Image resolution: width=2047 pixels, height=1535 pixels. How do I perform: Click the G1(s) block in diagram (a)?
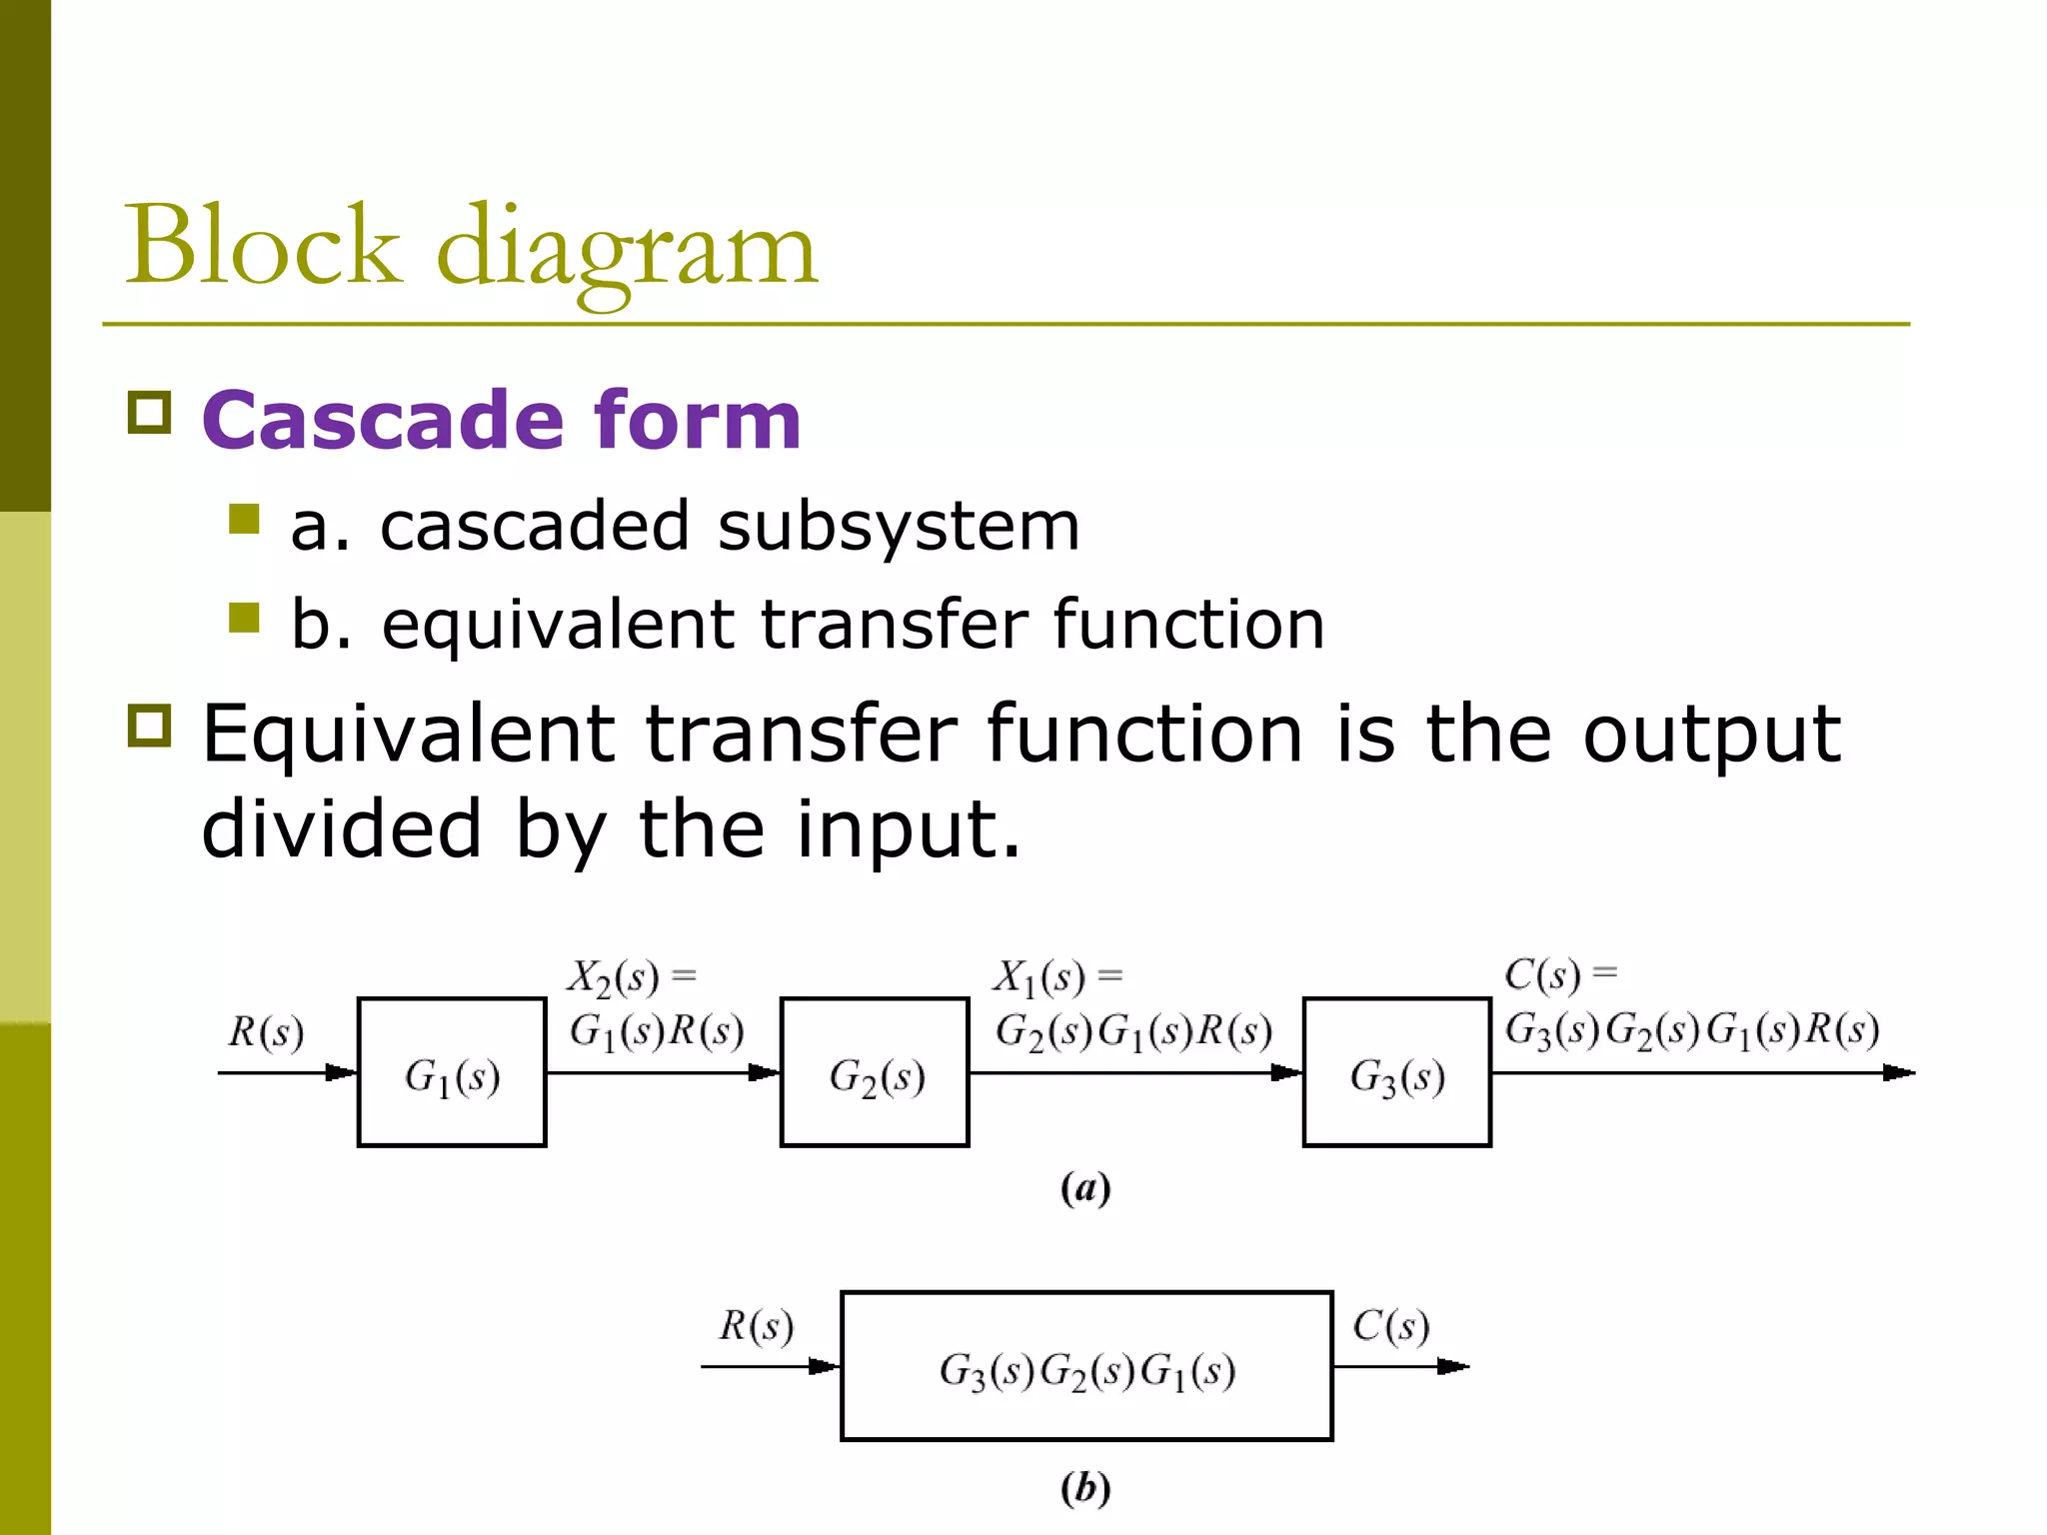coord(452,1072)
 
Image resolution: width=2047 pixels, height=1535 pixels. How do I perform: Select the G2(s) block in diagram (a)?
coord(875,1072)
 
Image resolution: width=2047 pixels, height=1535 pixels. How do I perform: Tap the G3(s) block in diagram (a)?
coord(1397,1072)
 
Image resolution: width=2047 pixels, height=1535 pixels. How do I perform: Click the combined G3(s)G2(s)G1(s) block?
coord(1086,1366)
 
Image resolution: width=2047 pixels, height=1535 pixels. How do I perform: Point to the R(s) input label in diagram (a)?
coord(266,1032)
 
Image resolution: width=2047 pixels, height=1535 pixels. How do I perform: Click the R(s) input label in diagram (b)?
coord(757,1326)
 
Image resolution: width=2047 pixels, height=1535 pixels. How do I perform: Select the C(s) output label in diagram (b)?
coord(1390,1326)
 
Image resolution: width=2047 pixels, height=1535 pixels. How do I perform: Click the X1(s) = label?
coord(1057,976)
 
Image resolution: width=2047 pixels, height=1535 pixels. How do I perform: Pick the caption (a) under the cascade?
coord(1085,1189)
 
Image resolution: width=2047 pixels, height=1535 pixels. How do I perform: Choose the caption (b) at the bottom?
coord(1085,1488)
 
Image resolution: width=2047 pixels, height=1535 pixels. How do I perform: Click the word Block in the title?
coord(262,247)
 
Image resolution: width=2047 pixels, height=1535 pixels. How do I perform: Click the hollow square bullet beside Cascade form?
coord(150,412)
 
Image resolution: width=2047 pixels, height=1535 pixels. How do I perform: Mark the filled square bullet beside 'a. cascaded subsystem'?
coord(244,519)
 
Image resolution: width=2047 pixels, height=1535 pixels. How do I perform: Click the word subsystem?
coord(899,526)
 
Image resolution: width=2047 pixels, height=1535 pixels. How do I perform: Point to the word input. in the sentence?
coord(910,829)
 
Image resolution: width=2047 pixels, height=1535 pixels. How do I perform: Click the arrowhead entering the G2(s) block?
coord(766,1073)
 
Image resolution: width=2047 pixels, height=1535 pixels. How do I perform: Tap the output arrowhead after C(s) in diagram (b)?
coord(1453,1366)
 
